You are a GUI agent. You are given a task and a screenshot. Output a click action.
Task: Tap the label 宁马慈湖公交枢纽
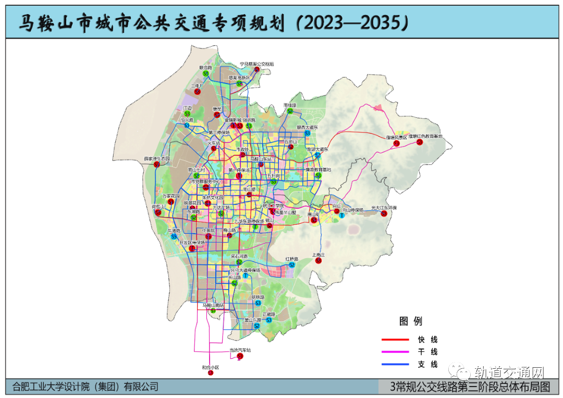[x=256, y=64]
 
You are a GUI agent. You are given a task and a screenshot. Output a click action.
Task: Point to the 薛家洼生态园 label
[x=157, y=159]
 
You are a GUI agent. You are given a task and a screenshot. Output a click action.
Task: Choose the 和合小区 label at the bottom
[x=211, y=367]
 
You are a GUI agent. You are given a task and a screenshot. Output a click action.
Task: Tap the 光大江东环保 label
[x=384, y=208]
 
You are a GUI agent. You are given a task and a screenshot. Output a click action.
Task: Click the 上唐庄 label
[x=318, y=255]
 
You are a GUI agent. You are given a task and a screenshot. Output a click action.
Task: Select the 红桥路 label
[x=292, y=259]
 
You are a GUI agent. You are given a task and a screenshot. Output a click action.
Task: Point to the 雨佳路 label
[x=290, y=105]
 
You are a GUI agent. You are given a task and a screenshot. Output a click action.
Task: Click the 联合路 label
[x=206, y=68]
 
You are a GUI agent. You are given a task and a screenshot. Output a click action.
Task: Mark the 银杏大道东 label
[x=307, y=127]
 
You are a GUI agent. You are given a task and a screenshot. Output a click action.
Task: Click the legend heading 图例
[x=410, y=321]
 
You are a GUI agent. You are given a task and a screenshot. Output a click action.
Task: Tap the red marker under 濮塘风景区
[x=397, y=143]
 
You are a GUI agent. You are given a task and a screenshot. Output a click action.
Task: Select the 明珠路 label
[x=258, y=297]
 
